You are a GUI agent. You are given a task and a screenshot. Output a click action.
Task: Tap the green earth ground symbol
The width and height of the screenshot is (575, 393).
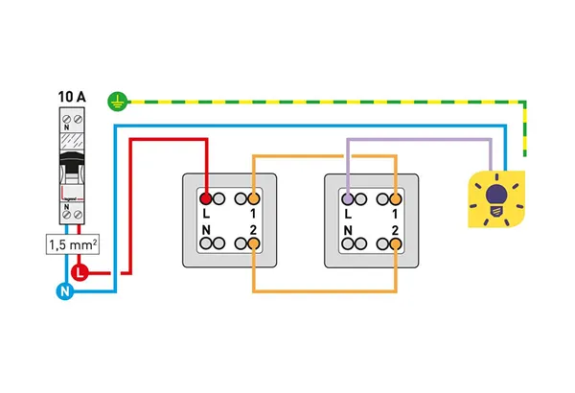[x=118, y=98]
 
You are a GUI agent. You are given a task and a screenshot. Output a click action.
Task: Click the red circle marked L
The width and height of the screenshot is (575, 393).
[x=80, y=273]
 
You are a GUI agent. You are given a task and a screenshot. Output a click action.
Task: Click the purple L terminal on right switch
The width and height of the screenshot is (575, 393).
[x=349, y=199]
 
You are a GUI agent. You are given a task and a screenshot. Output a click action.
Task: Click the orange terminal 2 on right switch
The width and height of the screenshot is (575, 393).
[x=395, y=245]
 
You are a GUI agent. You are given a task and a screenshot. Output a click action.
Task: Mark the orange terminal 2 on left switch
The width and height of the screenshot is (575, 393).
[x=252, y=245]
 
